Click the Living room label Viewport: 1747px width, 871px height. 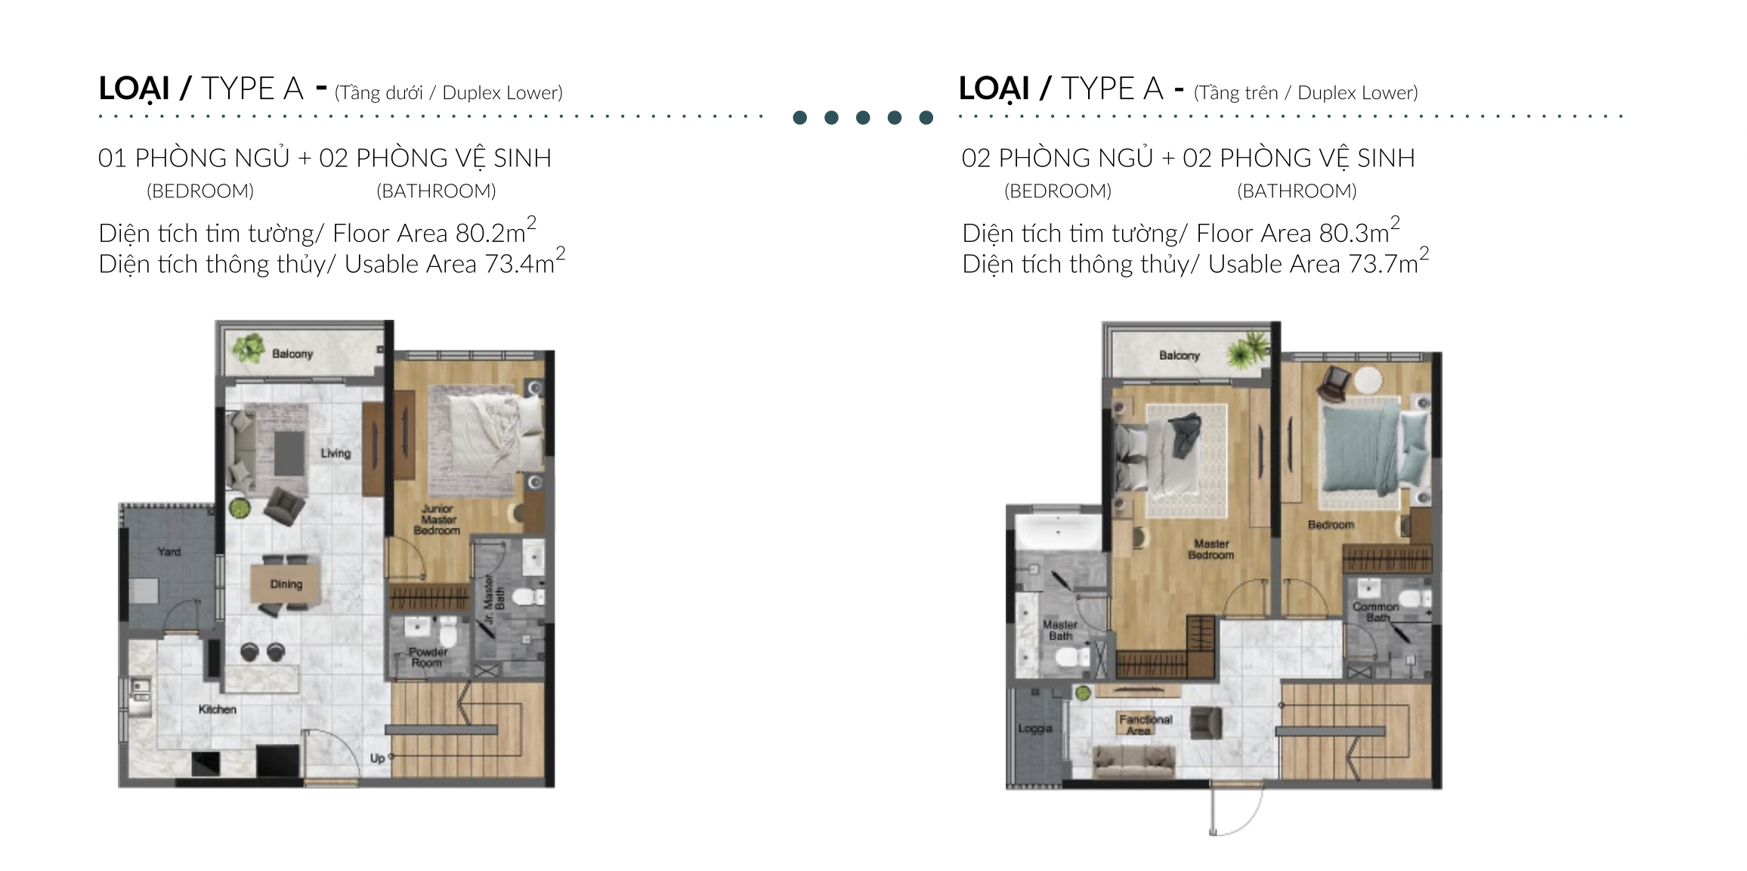(335, 453)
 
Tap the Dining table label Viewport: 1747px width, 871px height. (286, 584)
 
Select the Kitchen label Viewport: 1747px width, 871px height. (218, 709)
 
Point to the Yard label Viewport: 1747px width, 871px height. (169, 551)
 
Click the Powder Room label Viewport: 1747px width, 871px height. (428, 657)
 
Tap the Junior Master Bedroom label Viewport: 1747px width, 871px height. (438, 519)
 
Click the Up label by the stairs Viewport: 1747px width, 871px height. (378, 758)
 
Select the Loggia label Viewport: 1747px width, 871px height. (1035, 728)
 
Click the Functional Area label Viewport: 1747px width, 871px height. (1146, 725)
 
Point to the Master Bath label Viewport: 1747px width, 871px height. (1060, 631)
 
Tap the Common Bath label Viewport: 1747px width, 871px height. (1376, 612)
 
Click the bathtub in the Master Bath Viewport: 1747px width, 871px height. (1058, 533)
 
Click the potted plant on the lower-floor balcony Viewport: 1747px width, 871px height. (249, 348)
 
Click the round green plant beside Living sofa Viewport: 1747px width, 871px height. (240, 508)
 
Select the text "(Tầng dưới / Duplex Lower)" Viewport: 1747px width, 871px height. (449, 93)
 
